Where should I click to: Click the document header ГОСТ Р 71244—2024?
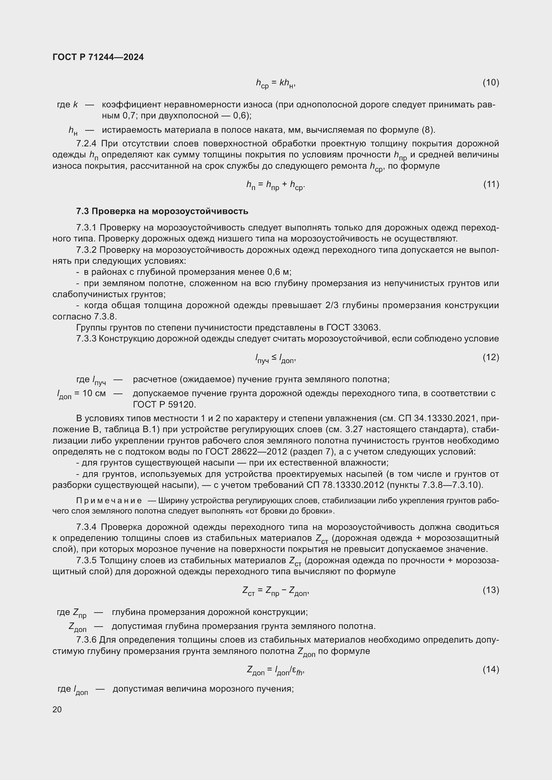click(x=98, y=57)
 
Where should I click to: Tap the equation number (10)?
click(x=491, y=83)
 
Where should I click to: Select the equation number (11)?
click(x=491, y=184)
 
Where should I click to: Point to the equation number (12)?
click(x=491, y=357)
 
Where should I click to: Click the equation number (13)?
click(x=491, y=590)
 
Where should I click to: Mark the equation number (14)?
click(x=491, y=669)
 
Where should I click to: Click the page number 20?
click(x=57, y=709)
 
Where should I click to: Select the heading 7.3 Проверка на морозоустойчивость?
click(x=162, y=211)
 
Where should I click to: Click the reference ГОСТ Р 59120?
click(x=164, y=405)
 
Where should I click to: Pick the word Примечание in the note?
click(x=109, y=501)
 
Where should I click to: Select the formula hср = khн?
click(x=276, y=83)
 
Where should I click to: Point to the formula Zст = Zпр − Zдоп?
click(x=276, y=591)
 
